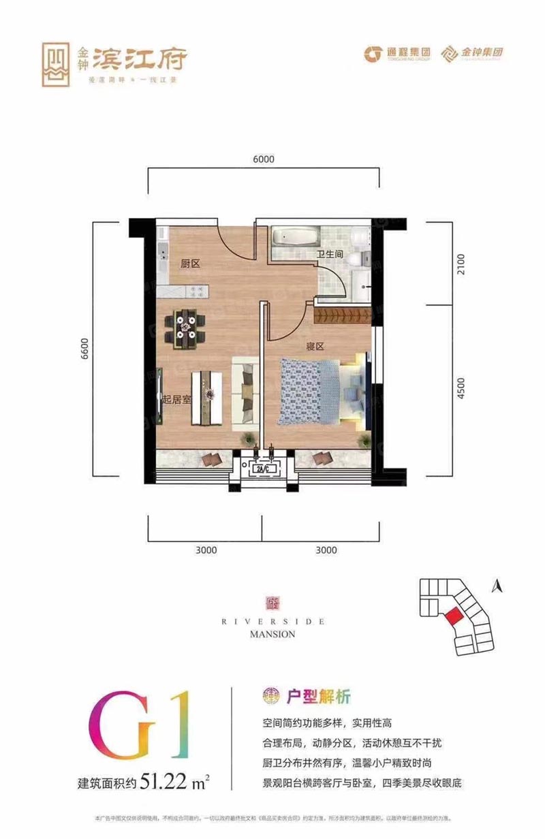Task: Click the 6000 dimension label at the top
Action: tap(263, 159)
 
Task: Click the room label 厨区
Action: tap(190, 264)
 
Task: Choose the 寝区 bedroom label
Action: tap(314, 346)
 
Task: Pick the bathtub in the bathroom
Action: tap(295, 238)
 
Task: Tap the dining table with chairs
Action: tap(186, 327)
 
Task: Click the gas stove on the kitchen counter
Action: tap(198, 291)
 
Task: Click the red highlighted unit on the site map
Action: tap(452, 616)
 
